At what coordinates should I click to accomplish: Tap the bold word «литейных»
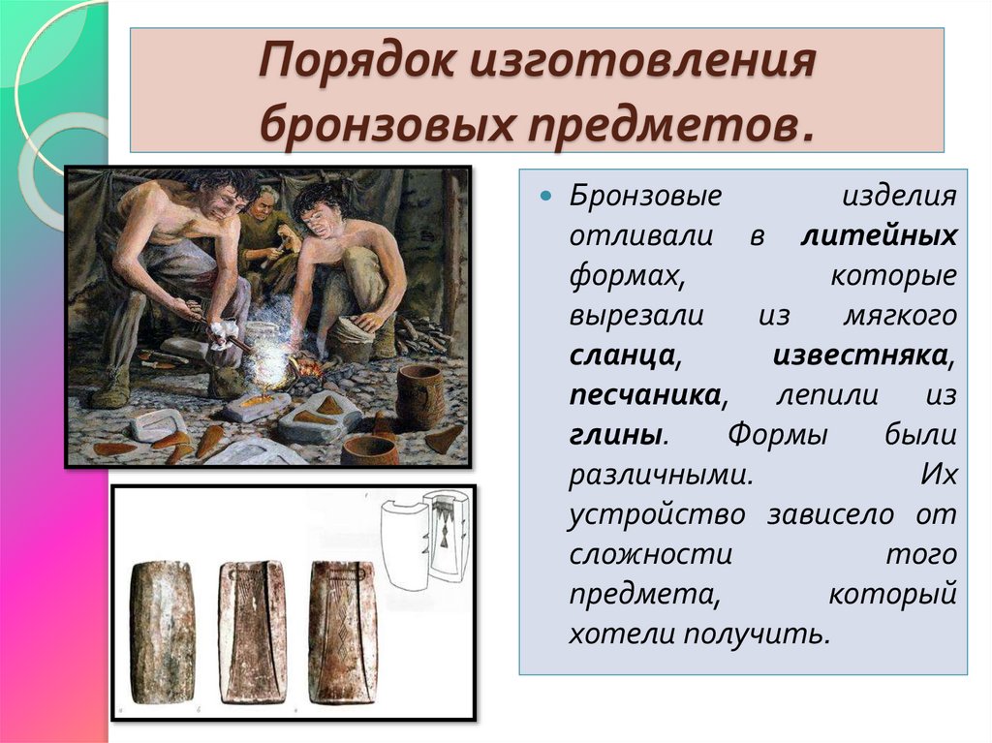[x=880, y=234]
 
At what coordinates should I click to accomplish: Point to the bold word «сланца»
[x=621, y=355]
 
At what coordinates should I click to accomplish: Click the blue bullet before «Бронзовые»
[x=544, y=197]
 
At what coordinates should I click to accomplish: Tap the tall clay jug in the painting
[x=418, y=394]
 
